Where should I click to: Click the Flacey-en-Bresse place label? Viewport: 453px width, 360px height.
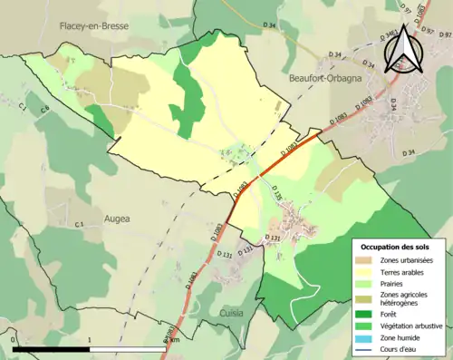(x=95, y=26)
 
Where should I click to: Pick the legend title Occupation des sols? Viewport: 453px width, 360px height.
(x=397, y=247)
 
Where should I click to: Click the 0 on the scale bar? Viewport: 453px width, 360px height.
(x=14, y=340)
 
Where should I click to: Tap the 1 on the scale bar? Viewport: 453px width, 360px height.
(x=91, y=340)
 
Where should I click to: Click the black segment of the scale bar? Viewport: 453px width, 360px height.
(x=52, y=348)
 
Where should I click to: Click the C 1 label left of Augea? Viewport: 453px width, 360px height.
(x=79, y=224)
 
